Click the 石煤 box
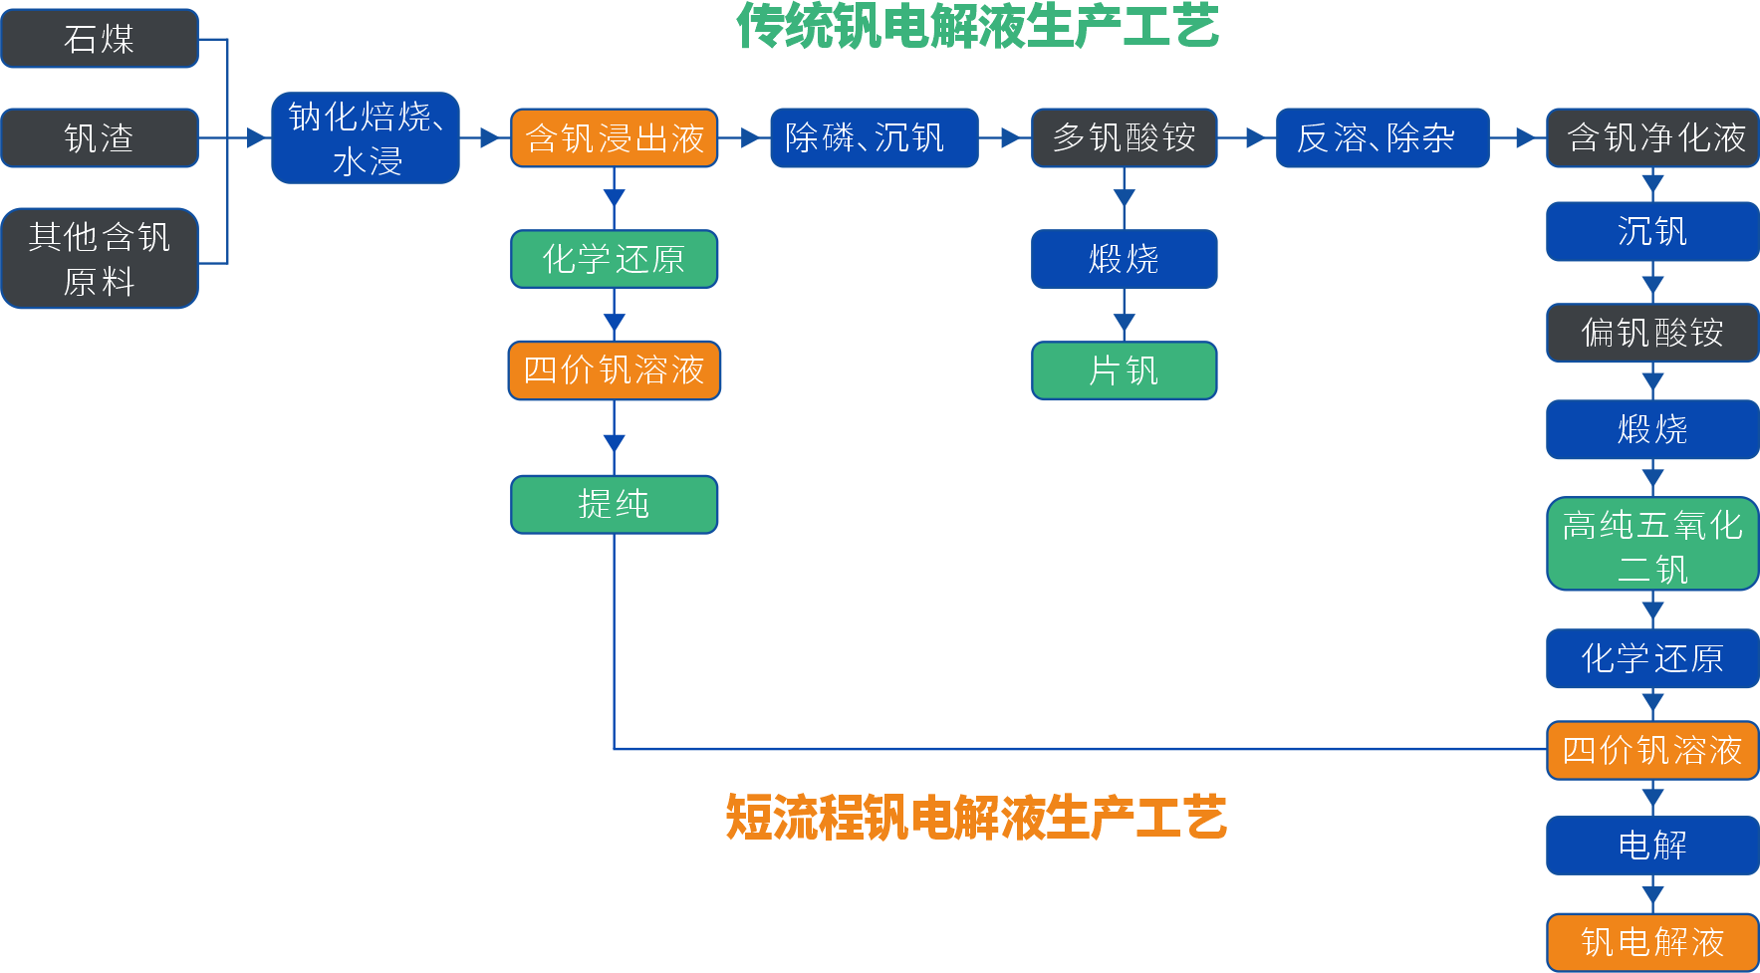(x=100, y=39)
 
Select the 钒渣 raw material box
(x=100, y=137)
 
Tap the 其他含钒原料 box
(x=100, y=259)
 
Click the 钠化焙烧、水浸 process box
(x=366, y=138)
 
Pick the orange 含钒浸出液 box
(x=615, y=138)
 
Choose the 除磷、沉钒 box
(x=874, y=137)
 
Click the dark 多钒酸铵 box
(x=1124, y=137)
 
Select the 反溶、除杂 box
(x=1382, y=137)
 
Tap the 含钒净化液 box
(x=1652, y=137)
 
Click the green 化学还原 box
(x=615, y=259)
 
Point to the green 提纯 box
(x=615, y=504)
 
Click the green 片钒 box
(x=1124, y=370)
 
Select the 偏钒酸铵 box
(x=1652, y=333)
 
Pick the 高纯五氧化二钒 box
(x=1652, y=545)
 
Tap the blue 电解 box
(x=1652, y=846)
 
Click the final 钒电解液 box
(x=1652, y=942)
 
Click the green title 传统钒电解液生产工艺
(x=977, y=27)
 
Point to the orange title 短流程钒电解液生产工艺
(x=976, y=818)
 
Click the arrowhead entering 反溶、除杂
(x=1258, y=138)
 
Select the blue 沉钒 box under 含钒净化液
(x=1652, y=232)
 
